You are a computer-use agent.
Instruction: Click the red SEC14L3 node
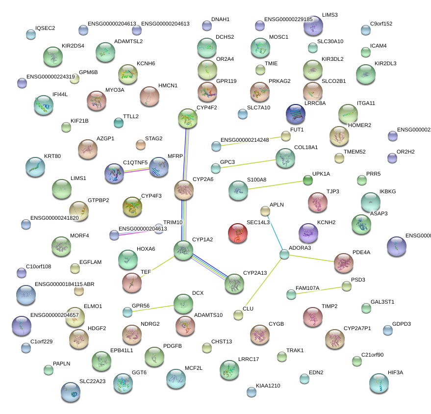[x=238, y=233]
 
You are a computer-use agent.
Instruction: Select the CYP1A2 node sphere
[x=183, y=250]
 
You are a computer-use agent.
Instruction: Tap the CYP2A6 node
[x=184, y=190]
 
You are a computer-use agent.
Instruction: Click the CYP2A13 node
[x=234, y=283]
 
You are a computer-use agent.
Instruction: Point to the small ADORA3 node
[x=284, y=254]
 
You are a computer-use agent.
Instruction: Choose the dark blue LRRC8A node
[x=296, y=114]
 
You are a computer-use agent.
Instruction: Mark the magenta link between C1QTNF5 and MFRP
[x=136, y=170]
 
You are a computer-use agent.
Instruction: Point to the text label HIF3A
[x=395, y=372]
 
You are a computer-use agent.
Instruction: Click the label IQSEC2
[x=45, y=28]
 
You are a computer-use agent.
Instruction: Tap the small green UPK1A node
[x=307, y=180]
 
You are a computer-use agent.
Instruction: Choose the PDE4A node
[x=343, y=263]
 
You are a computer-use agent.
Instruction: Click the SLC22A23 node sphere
[x=70, y=391]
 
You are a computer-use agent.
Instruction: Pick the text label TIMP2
[x=330, y=306]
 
